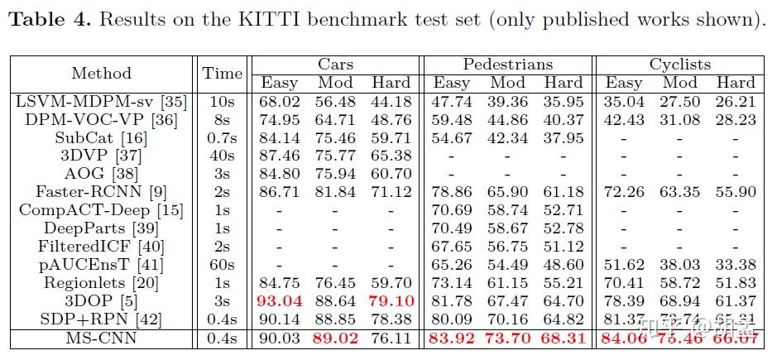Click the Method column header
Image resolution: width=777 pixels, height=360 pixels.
pos(102,73)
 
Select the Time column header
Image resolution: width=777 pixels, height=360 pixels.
pos(223,73)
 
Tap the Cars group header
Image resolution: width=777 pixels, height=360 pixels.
pos(336,64)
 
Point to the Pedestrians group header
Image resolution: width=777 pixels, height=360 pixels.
pos(507,64)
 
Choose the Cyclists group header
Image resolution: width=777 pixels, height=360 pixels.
pos(679,64)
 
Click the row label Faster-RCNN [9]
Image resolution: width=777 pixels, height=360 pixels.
pos(102,192)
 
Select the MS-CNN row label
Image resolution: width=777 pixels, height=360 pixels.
pos(102,338)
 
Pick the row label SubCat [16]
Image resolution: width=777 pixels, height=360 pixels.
pos(102,137)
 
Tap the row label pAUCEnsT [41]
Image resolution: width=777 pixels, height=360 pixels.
pos(102,265)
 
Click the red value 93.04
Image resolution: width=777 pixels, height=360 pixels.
pos(280,301)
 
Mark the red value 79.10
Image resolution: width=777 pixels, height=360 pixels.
pos(391,301)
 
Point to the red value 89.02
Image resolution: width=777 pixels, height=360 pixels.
pos(335,338)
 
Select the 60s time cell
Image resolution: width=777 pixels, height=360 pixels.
pos(223,265)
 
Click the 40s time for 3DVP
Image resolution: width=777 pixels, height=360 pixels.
pos(223,156)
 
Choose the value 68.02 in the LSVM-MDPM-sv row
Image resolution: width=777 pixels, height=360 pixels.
pos(280,102)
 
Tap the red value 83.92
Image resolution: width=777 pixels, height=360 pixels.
pos(452,338)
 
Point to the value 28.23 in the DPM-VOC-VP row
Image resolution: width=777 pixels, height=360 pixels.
pos(736,120)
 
